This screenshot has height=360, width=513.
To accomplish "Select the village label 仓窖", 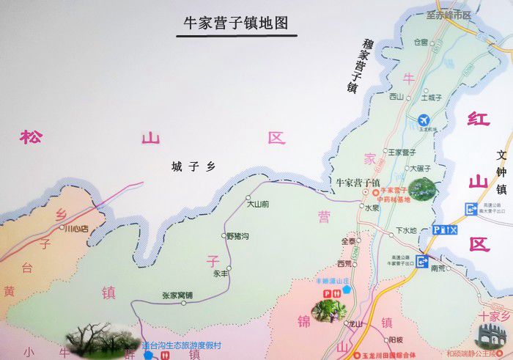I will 421,42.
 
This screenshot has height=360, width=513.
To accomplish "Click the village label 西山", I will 396,97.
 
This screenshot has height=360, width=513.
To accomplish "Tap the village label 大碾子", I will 421,168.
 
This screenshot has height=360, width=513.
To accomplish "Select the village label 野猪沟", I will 238,236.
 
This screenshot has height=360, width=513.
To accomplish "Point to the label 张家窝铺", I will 178,295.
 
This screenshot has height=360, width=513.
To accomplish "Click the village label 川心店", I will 76,229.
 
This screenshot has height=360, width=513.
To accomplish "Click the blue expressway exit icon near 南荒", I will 423,260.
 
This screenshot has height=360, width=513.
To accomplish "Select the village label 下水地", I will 406,230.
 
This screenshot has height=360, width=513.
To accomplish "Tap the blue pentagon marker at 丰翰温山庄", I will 347,289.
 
